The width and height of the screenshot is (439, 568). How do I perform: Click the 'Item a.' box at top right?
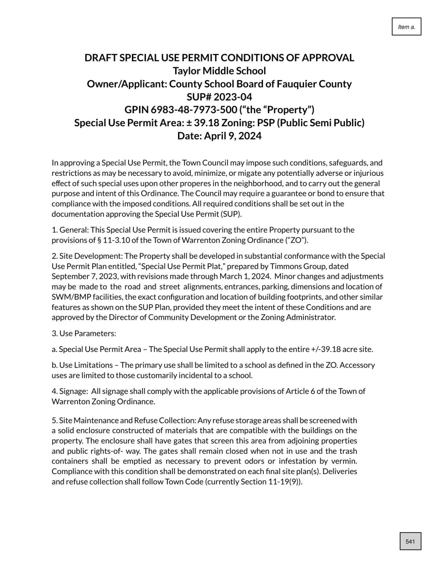tap(406, 27)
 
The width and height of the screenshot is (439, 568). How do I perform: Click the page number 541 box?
tap(410, 541)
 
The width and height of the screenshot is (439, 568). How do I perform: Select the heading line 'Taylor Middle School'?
tap(219, 71)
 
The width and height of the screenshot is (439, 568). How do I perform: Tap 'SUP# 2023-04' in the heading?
tap(219, 97)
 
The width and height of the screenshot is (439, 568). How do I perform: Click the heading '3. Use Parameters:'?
tap(84, 333)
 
